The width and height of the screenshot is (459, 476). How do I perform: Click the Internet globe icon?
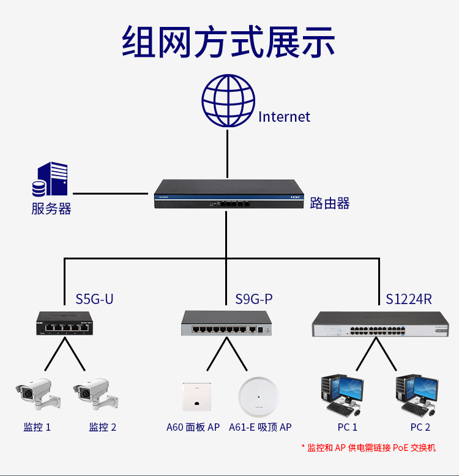(228, 101)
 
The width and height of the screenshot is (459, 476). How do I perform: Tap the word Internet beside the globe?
(284, 117)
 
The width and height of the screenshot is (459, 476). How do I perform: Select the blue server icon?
(50, 179)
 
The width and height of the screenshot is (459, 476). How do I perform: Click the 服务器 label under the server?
(51, 209)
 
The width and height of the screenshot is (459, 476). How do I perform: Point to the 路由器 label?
(330, 203)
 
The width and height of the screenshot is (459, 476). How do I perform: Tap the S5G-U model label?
(94, 299)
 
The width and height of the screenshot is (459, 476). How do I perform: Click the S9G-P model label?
(254, 299)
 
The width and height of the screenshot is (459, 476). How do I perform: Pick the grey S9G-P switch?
(226, 324)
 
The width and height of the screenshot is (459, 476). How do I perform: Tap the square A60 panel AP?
(196, 396)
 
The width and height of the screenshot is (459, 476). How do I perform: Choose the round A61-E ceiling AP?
(259, 396)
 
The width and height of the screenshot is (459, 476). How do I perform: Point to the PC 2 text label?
(420, 427)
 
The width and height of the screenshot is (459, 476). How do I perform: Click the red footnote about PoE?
(368, 448)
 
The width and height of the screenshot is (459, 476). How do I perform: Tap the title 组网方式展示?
(229, 42)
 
